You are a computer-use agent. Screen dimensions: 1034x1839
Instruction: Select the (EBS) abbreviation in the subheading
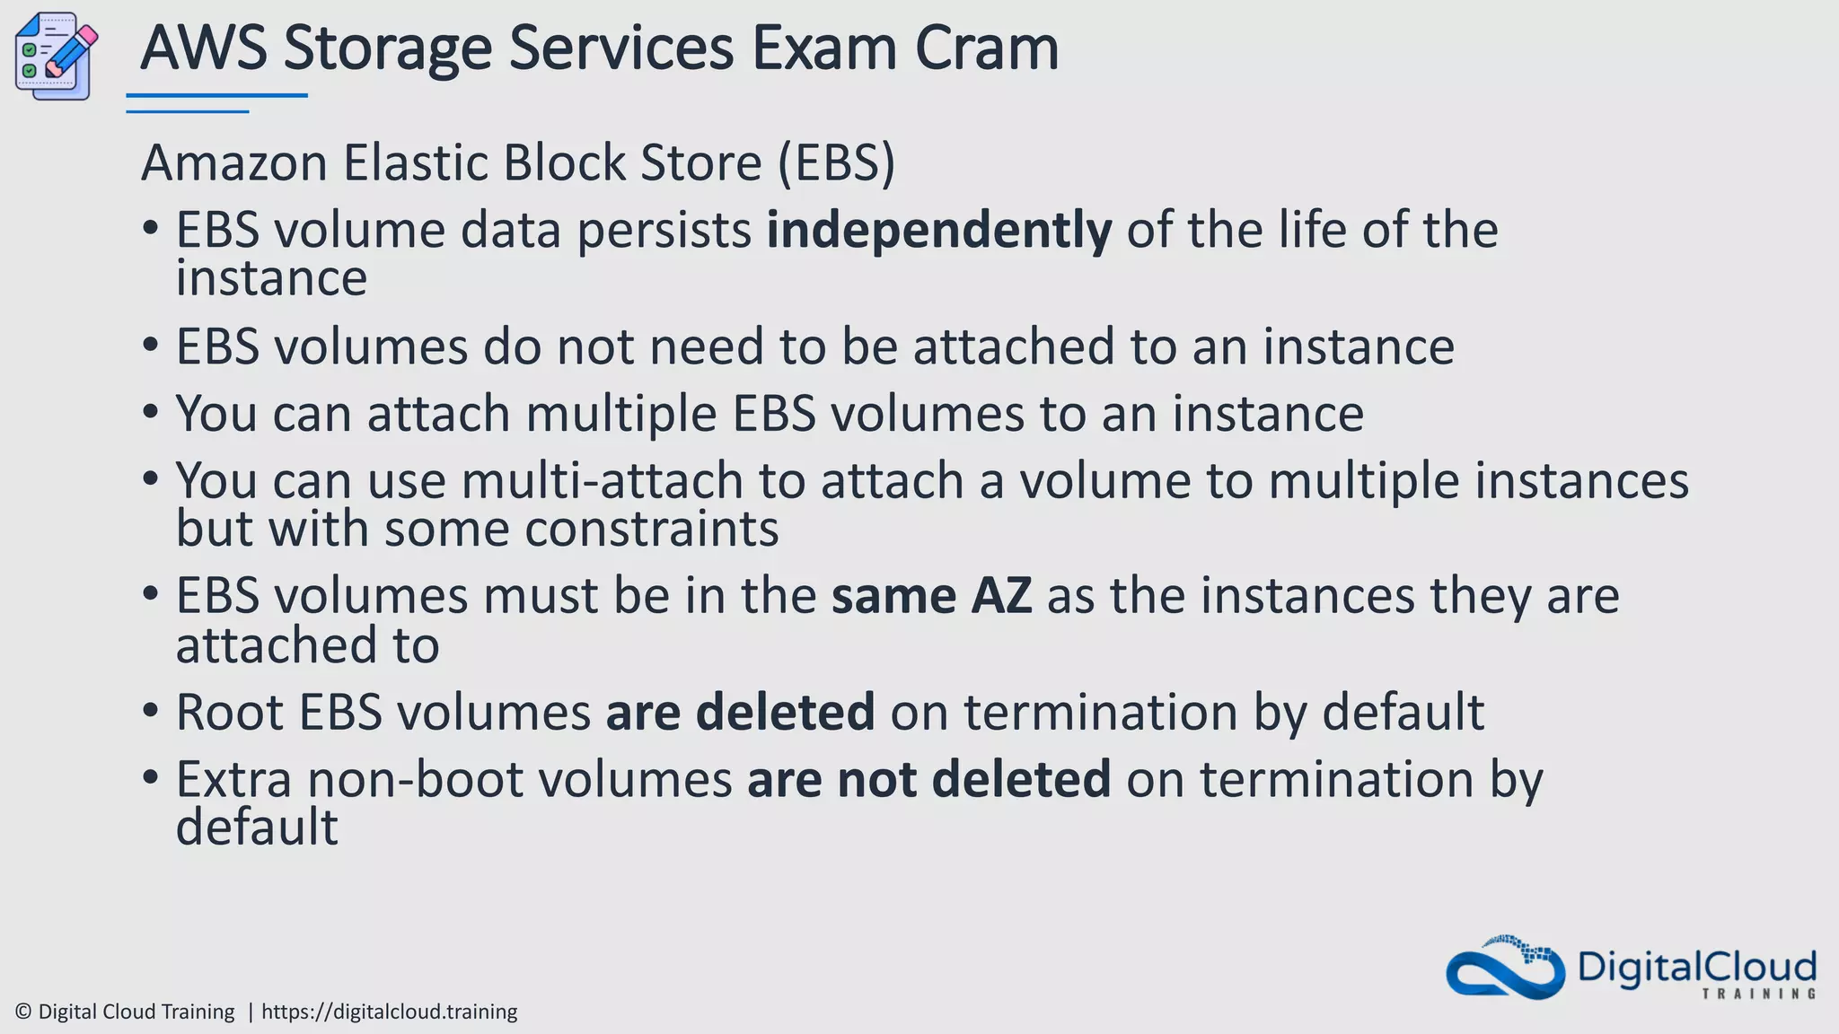836,163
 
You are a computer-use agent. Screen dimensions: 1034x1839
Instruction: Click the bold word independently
938,231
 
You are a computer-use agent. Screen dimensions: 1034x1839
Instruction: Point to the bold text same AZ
931,596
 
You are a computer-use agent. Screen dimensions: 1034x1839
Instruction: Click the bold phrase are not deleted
928,779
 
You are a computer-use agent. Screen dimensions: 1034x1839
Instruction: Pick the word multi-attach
602,481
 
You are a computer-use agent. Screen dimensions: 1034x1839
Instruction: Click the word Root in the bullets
230,713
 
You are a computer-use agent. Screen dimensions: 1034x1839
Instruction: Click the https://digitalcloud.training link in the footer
389,1012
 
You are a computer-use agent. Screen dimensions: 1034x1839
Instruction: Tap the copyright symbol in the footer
24,1012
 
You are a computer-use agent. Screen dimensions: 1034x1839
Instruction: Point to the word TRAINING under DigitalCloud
1758,994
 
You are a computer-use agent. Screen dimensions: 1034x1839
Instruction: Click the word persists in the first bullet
664,231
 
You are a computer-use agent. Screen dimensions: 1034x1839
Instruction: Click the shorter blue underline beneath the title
187,111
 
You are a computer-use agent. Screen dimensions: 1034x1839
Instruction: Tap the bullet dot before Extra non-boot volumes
151,775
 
